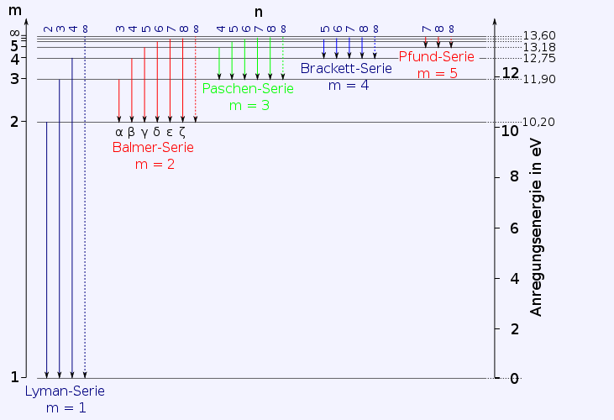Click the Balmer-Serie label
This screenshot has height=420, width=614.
click(152, 147)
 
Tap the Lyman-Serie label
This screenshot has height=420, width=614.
click(65, 391)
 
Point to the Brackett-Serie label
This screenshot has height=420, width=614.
click(345, 68)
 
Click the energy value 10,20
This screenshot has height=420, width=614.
click(538, 122)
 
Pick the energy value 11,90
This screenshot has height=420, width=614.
click(538, 79)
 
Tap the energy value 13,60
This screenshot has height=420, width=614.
click(538, 35)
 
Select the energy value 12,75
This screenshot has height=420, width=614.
click(538, 58)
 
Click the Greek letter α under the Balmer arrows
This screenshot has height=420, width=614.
click(118, 131)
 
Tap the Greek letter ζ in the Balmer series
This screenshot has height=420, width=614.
click(182, 131)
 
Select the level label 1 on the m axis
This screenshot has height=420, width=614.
click(14, 377)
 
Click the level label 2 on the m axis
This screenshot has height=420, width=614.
click(14, 121)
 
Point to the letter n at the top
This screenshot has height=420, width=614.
click(260, 12)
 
